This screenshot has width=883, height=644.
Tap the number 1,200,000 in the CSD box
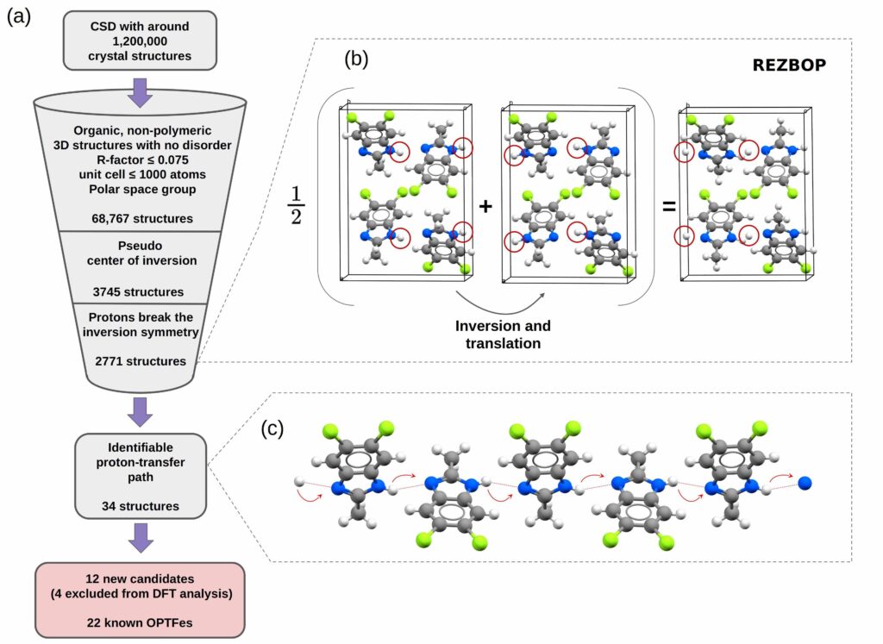pos(140,41)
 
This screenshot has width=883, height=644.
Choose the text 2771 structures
pos(141,360)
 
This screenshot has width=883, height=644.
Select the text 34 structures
pos(140,506)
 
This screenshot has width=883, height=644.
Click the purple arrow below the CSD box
pos(140,91)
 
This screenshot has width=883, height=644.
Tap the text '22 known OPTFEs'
pos(140,620)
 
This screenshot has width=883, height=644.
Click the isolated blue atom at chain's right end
pos(805,485)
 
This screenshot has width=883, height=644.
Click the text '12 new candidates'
pos(140,575)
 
